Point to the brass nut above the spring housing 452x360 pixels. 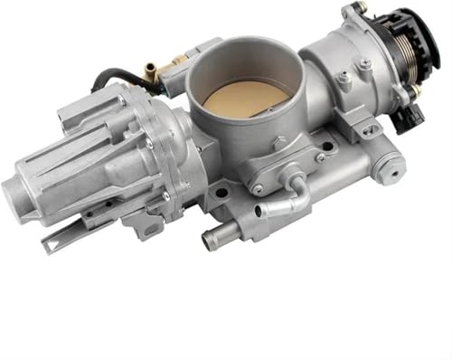click(x=360, y=9)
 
